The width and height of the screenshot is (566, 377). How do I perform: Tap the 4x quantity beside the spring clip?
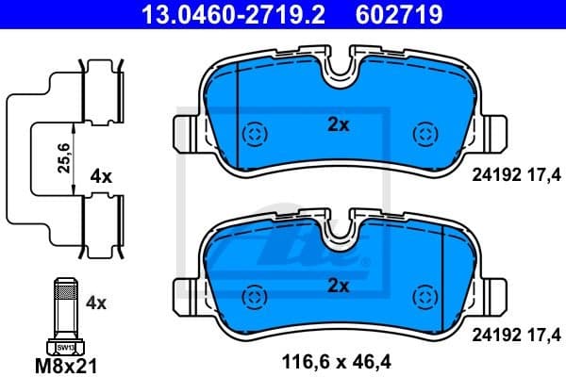pyautogui.click(x=101, y=176)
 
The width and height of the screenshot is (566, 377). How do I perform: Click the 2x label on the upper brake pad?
pyautogui.click(x=338, y=124)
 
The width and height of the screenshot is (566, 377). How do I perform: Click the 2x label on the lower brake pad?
pyautogui.click(x=338, y=285)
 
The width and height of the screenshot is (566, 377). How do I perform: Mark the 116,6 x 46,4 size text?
pyautogui.click(x=336, y=360)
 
